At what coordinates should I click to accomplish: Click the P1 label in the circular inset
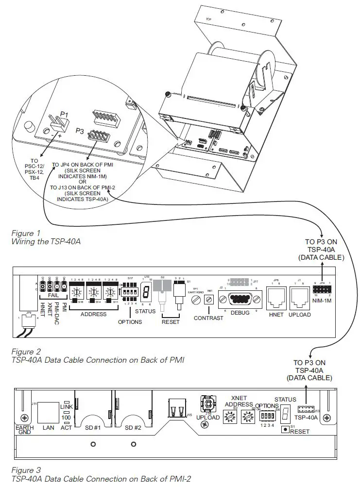tap(64, 115)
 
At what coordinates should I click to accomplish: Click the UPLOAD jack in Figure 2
tap(299, 296)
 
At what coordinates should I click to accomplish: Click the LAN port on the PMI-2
tap(49, 412)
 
